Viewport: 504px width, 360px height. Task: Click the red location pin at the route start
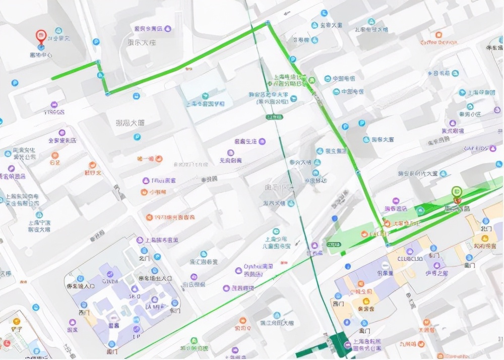(x=41, y=36)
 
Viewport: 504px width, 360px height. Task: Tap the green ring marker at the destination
(x=457, y=191)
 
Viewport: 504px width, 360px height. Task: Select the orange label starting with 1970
(x=171, y=217)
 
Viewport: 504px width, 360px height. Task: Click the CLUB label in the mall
(x=409, y=259)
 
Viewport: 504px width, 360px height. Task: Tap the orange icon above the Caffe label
(x=438, y=35)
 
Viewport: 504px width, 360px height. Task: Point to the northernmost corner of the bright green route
(x=268, y=23)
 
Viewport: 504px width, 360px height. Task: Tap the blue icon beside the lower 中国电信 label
(x=336, y=92)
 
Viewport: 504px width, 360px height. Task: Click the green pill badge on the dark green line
(x=274, y=117)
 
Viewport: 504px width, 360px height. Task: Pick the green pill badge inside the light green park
(x=333, y=245)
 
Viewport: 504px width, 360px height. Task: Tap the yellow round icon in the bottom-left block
(x=17, y=321)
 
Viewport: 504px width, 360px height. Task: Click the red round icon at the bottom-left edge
(x=7, y=343)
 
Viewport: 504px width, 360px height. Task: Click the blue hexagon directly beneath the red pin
(x=41, y=47)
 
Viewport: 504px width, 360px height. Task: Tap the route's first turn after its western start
(x=98, y=63)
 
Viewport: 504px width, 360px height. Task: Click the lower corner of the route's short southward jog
(x=107, y=93)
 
